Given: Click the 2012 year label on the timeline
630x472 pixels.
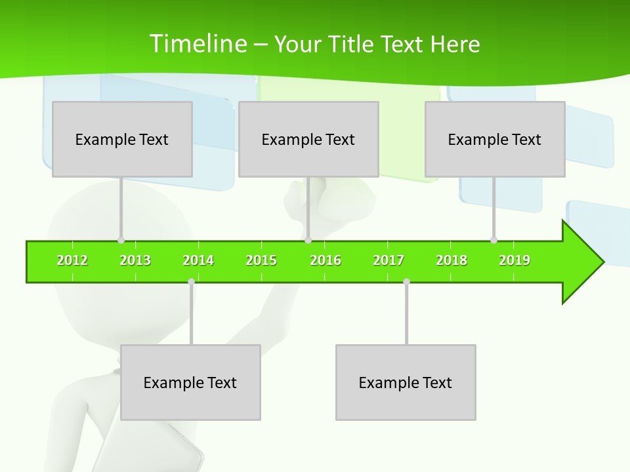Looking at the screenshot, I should (72, 260).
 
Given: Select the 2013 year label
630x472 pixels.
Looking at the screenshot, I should (135, 260).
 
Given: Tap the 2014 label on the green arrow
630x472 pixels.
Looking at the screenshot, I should (198, 260).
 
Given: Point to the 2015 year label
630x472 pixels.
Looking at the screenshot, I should (261, 260).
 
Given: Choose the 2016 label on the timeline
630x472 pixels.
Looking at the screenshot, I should (325, 260).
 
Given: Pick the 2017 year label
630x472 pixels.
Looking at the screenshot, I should (388, 260).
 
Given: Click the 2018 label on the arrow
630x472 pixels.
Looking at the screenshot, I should (451, 260).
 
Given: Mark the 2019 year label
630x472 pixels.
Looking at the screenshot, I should (514, 260).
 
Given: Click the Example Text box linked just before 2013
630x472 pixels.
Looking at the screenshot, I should (122, 139).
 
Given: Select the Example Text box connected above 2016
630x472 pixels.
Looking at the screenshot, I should (308, 139).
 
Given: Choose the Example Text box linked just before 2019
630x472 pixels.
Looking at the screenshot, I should (495, 139).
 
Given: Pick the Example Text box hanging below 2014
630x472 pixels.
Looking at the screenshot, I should (190, 382).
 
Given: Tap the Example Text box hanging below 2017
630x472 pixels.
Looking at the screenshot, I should (406, 382).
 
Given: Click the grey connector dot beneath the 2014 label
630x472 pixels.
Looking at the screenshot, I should (191, 281).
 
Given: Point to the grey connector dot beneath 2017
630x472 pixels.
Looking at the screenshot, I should (406, 281).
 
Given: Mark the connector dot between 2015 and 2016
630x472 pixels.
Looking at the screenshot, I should (308, 240).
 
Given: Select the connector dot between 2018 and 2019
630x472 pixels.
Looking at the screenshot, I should (493, 240).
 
